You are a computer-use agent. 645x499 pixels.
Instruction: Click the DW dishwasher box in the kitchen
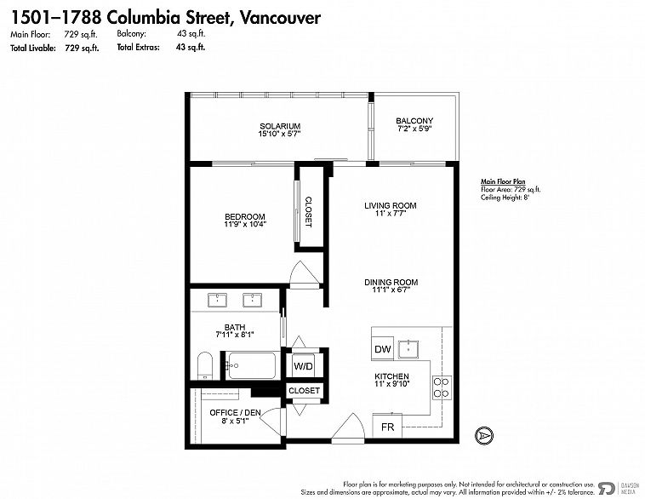(383, 349)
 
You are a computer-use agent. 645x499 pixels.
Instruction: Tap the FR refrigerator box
(387, 426)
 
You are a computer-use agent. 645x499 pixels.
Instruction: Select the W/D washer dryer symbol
(303, 365)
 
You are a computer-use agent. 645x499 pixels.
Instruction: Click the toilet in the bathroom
(204, 365)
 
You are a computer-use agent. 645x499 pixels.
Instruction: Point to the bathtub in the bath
(252, 365)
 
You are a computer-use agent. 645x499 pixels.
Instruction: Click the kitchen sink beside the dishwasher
(408, 349)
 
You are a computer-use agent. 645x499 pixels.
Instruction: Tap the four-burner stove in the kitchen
(442, 387)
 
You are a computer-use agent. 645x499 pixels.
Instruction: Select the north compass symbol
(484, 435)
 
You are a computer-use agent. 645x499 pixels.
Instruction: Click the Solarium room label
(280, 126)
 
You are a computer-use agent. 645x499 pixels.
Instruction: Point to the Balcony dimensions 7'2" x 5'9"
(414, 129)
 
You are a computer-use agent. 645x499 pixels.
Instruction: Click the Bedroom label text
(245, 216)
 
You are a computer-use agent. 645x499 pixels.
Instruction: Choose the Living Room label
(391, 205)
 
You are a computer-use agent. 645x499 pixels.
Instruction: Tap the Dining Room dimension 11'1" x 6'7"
(391, 290)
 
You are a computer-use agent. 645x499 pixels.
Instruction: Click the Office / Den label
(235, 412)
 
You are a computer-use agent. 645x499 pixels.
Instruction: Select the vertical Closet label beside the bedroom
(309, 212)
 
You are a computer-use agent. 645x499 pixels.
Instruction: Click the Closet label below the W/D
(304, 390)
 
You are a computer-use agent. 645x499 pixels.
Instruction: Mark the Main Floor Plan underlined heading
(503, 181)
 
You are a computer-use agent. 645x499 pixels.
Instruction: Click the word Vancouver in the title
(280, 17)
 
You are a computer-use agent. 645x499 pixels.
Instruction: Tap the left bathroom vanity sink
(217, 300)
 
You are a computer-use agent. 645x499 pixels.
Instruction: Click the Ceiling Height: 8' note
(505, 198)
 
